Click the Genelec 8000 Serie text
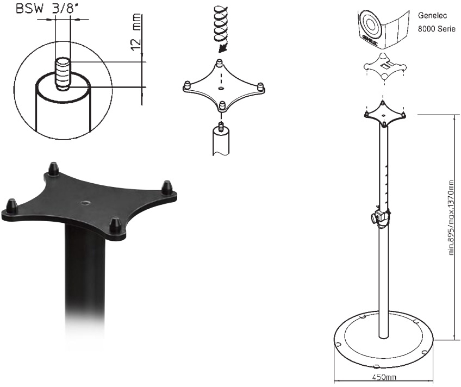pyautogui.click(x=437, y=22)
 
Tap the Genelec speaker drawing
pyautogui.click(x=383, y=29)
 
